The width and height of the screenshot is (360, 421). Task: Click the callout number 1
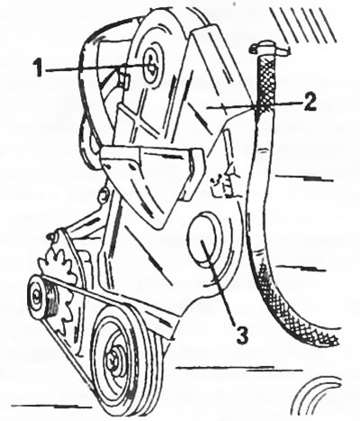(x=38, y=67)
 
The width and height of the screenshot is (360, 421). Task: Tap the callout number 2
(x=309, y=102)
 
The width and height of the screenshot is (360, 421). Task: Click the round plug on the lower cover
(x=204, y=239)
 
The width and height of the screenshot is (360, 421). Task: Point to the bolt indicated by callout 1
(x=153, y=67)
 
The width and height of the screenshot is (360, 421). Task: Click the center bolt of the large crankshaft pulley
(x=113, y=359)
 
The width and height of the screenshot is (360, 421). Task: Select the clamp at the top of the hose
(x=267, y=49)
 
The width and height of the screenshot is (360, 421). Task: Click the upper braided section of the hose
(x=265, y=85)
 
